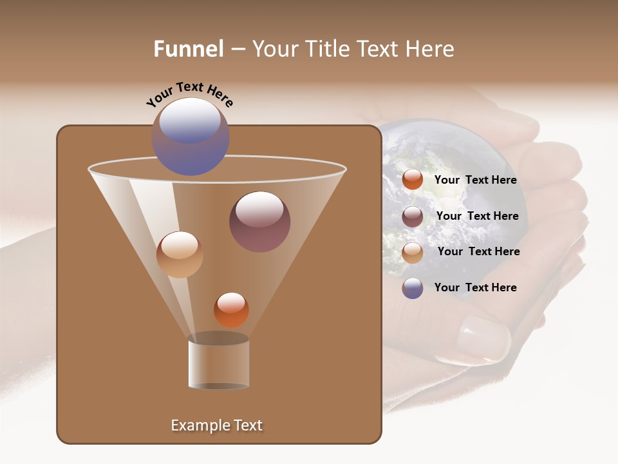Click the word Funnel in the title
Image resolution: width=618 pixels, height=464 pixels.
point(188,49)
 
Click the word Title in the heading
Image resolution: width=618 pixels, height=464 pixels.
point(328,49)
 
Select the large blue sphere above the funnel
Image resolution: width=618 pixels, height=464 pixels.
point(190,136)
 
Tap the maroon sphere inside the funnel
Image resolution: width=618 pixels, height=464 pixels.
point(259,221)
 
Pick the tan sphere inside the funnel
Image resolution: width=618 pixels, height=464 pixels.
point(180,255)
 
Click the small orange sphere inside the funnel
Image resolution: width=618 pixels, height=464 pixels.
point(231,309)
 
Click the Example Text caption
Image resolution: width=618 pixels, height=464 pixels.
point(216,425)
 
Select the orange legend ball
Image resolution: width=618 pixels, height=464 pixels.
point(413,180)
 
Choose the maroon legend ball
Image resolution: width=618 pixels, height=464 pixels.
point(413,217)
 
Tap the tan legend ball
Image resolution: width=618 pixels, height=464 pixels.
point(413,252)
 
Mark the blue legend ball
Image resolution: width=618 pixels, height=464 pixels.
point(413,288)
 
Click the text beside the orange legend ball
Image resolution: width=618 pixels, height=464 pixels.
point(475,180)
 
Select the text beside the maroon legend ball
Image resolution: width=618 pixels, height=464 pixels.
point(477,216)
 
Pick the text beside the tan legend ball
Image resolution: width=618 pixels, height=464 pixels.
point(478,251)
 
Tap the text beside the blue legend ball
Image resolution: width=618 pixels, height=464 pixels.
point(475,287)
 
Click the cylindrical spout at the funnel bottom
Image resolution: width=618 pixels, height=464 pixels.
point(218,363)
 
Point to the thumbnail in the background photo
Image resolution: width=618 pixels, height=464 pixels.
point(483,338)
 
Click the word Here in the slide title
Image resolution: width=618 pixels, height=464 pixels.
point(431,49)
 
